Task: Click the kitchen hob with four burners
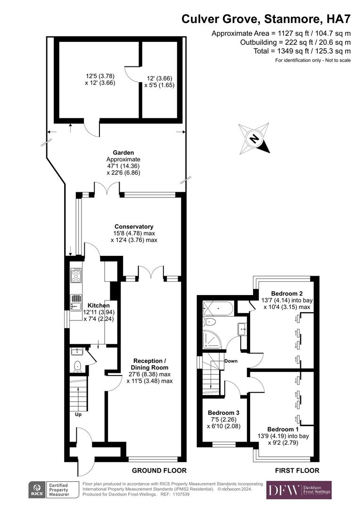pyautogui.click(x=76, y=275)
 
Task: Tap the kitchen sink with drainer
pyautogui.click(x=76, y=302)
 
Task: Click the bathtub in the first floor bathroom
pyautogui.click(x=216, y=309)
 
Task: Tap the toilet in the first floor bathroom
pyautogui.click(x=210, y=322)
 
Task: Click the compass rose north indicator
pyautogui.click(x=254, y=139)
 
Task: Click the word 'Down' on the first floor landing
pyautogui.click(x=231, y=361)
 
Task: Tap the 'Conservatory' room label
pyautogui.click(x=134, y=226)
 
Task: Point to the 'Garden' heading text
pyautogui.click(x=123, y=152)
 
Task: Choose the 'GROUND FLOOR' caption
pyautogui.click(x=159, y=470)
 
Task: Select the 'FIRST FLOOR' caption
pyautogui.click(x=297, y=470)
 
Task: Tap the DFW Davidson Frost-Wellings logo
pyautogui.click(x=299, y=490)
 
